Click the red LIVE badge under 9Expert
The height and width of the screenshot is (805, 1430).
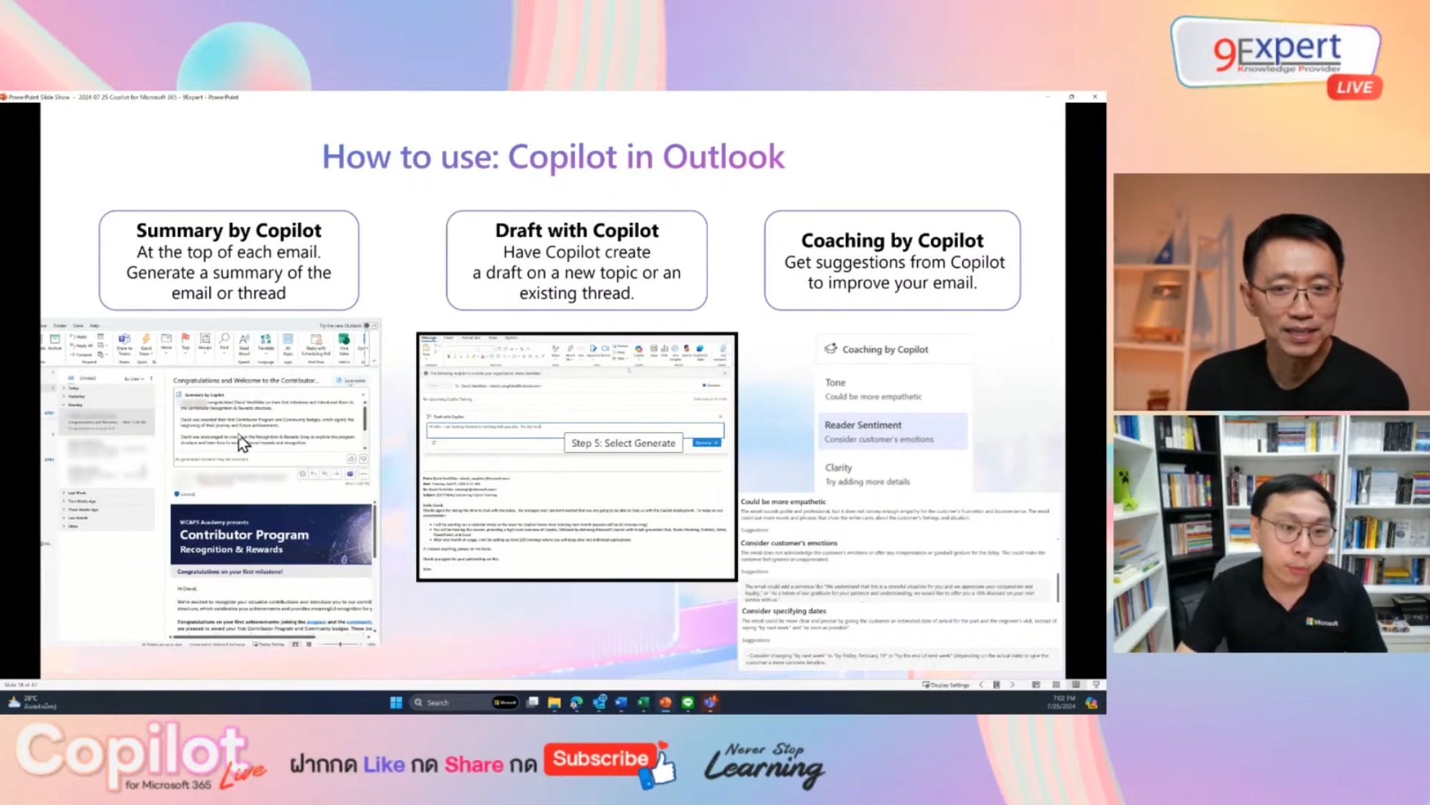(1355, 88)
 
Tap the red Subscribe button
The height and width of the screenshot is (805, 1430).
(600, 758)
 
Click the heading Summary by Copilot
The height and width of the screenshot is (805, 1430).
(229, 231)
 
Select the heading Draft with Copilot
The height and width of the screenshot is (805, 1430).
(576, 231)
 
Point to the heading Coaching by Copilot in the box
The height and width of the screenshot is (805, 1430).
(892, 240)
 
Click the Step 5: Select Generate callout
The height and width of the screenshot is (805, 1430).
(623, 443)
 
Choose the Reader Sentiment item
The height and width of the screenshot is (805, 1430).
(863, 425)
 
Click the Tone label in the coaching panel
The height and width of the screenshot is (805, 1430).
(835, 383)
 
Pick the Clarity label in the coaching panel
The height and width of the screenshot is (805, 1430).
(838, 468)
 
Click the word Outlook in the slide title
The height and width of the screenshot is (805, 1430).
(723, 157)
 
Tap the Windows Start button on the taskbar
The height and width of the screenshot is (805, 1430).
(396, 703)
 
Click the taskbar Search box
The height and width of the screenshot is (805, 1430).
(448, 703)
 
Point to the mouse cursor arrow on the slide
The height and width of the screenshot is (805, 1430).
(243, 443)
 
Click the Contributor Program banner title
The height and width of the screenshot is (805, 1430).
(244, 535)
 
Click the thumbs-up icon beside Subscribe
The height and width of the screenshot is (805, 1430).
(661, 768)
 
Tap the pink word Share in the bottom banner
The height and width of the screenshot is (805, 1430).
(473, 765)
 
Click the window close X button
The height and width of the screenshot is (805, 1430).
(1095, 97)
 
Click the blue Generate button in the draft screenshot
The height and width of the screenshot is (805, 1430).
(706, 443)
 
